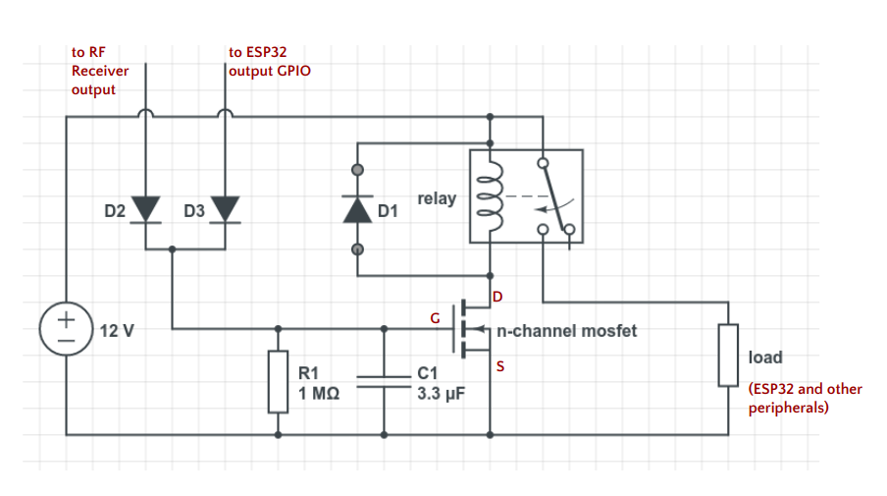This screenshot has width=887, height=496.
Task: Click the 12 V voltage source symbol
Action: coord(66,329)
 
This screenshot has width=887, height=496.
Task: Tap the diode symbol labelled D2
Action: coord(145,209)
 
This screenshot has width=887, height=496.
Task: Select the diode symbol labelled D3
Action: coord(225,209)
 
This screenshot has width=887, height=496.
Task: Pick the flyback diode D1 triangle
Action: coord(357,209)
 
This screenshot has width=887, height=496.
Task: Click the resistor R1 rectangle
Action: coord(278,382)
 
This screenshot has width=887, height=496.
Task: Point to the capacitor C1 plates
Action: coord(384,382)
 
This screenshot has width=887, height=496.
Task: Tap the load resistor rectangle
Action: coord(729,356)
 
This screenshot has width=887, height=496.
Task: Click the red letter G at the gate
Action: coord(435,318)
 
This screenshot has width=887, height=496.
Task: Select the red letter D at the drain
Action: coord(497,297)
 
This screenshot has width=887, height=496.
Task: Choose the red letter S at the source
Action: coord(500,366)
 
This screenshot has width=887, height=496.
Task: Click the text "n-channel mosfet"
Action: coord(567,331)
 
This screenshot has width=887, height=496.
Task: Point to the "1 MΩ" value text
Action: coord(319,393)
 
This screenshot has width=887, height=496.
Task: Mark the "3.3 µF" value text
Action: coord(442,394)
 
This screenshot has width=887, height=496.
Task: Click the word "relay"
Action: coord(437,198)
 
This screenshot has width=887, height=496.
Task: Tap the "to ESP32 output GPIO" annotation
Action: coord(269,62)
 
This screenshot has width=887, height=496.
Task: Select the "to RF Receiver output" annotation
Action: coord(99,71)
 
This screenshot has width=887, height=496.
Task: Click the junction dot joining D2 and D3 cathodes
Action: coord(172,249)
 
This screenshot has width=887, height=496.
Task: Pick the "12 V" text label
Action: coord(117,331)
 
